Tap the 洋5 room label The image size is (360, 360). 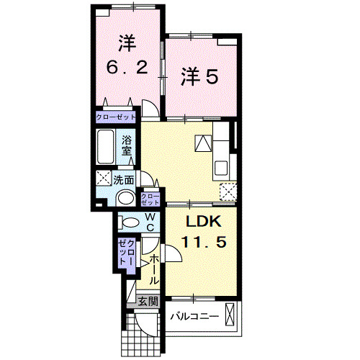[x=198, y=76]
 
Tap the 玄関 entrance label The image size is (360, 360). [x=148, y=302]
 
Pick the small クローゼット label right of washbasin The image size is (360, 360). [x=150, y=199]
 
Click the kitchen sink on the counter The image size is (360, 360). [x=221, y=169]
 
